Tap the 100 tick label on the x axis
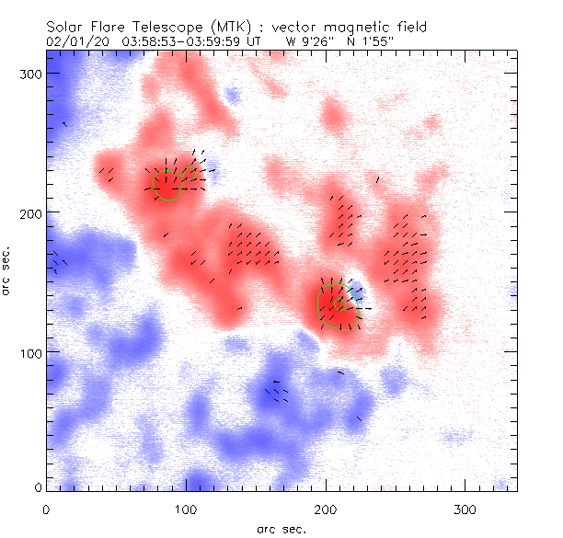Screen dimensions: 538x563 (186, 508)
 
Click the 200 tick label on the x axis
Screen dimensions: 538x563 (326, 508)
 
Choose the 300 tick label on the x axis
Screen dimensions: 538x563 (465, 508)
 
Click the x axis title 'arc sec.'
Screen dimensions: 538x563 (281, 529)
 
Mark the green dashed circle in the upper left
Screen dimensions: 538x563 (168, 184)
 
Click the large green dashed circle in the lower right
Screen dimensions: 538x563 (338, 306)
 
